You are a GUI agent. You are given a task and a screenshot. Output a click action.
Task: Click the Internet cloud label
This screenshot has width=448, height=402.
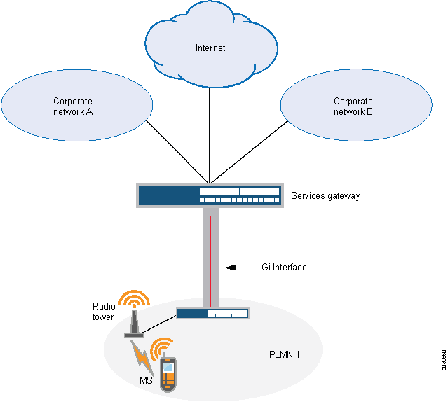pyautogui.click(x=210, y=48)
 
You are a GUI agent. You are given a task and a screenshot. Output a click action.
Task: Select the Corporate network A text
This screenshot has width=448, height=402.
pyautogui.click(x=73, y=106)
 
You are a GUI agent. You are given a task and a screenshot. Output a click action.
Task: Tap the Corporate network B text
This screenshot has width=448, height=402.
pyautogui.click(x=353, y=106)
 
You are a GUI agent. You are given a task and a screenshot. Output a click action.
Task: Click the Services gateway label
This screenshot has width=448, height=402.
pyautogui.click(x=325, y=196)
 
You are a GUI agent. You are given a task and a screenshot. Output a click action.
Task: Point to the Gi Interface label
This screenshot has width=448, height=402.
pyautogui.click(x=280, y=268)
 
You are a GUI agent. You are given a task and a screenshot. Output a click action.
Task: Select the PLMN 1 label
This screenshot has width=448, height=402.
pyautogui.click(x=285, y=355)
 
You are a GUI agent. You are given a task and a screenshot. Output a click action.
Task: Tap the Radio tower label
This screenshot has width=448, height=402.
pyautogui.click(x=104, y=312)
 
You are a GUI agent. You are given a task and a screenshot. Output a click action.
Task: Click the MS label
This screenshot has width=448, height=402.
pyautogui.click(x=145, y=381)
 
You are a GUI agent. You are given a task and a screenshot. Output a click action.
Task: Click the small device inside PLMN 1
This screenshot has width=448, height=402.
pyautogui.click(x=212, y=314)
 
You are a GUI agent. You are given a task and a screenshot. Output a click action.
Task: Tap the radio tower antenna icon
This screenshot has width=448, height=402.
pyautogui.click(x=134, y=319)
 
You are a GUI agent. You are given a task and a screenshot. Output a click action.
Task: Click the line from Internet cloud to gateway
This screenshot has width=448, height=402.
pyautogui.click(x=210, y=133)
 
